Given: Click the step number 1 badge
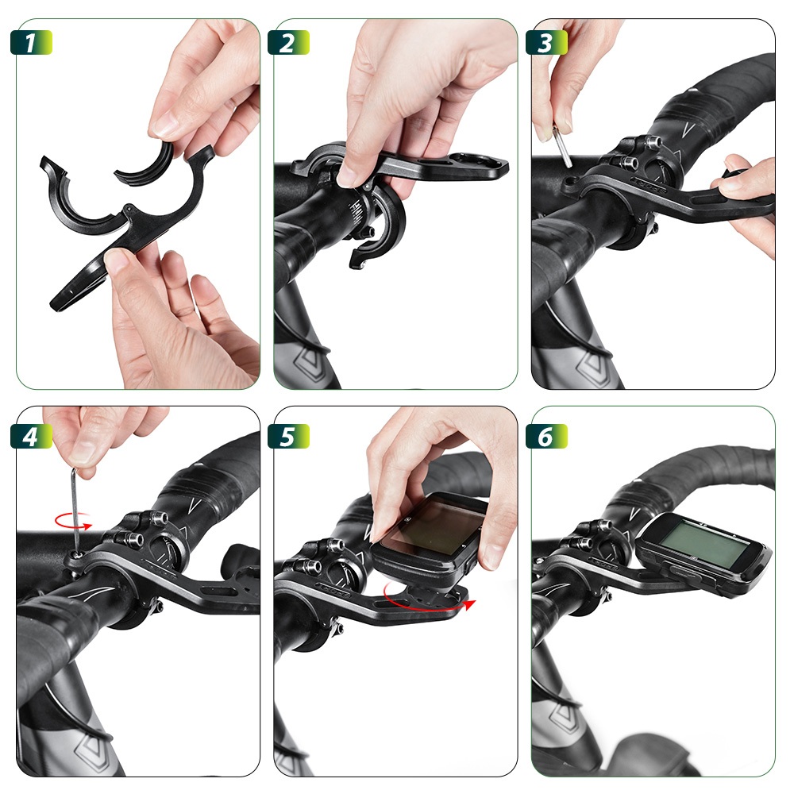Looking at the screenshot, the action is tap(31, 43).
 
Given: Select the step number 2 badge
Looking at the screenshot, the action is tap(288, 43).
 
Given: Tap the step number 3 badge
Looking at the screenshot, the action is tap(546, 43).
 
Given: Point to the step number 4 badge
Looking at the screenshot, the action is tap(31, 437).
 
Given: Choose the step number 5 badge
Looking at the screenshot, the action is tap(288, 437).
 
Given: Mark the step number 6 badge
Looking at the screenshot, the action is tap(546, 437).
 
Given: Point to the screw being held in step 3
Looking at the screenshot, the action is tap(563, 146).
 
